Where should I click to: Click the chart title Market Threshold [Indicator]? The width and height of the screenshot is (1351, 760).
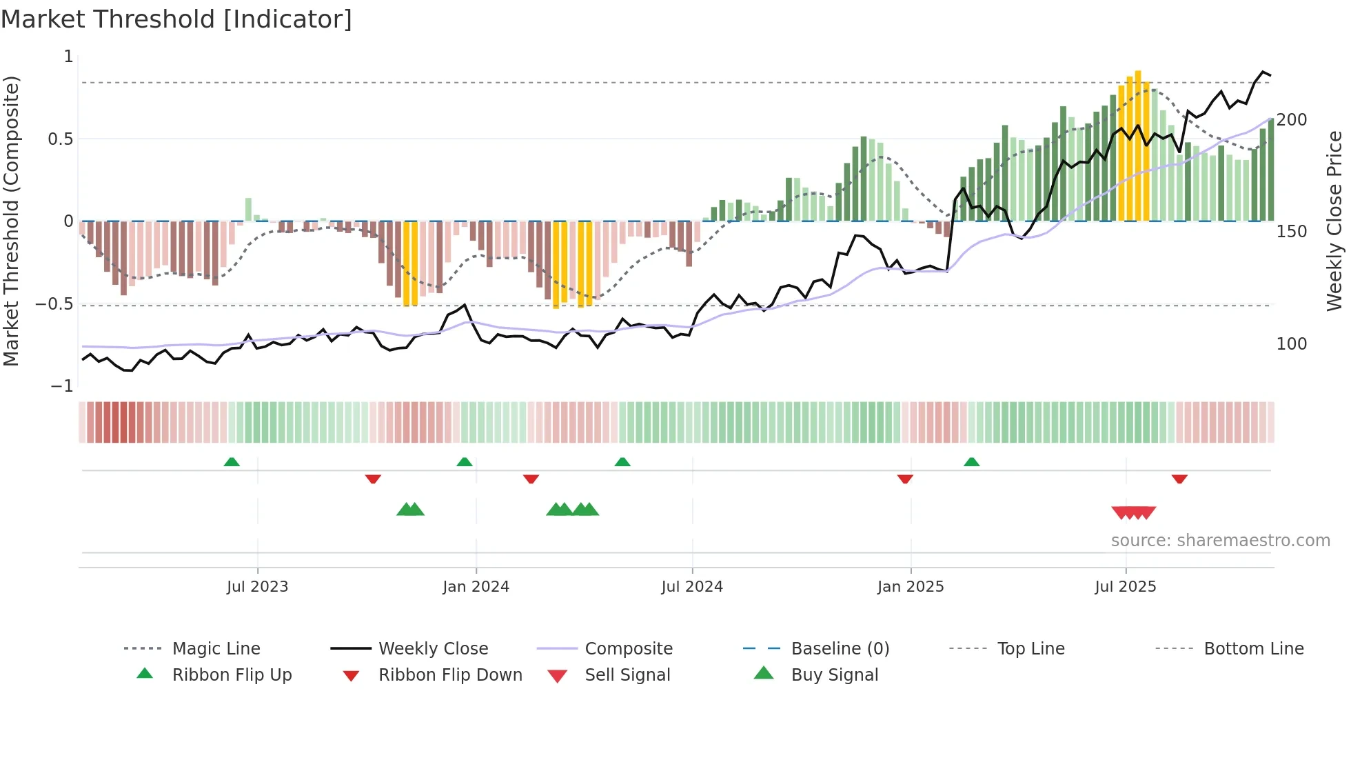[x=176, y=19]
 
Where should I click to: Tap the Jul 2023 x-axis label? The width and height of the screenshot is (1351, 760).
[x=257, y=587]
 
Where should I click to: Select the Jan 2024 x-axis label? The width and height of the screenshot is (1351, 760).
[x=476, y=587]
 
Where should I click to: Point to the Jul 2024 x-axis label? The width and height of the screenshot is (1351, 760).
[x=692, y=587]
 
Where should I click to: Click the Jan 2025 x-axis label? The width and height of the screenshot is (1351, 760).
[x=911, y=587]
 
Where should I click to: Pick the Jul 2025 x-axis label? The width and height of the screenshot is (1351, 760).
[x=1126, y=587]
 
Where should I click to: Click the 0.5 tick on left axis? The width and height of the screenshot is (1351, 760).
[x=61, y=139]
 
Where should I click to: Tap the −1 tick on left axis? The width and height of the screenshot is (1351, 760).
[x=62, y=386]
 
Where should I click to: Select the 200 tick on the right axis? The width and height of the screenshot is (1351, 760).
[x=1292, y=120]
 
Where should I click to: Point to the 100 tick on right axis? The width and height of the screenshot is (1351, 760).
[x=1292, y=344]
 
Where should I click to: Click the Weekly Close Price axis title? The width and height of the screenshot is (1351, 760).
[x=1334, y=221]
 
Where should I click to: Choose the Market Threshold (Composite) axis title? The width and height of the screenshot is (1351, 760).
[x=11, y=221]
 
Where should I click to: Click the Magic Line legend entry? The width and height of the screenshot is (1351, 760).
[x=216, y=649]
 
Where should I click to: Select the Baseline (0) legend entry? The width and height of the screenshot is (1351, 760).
[x=840, y=649]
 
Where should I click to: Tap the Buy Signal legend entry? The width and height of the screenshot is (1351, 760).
[x=834, y=675]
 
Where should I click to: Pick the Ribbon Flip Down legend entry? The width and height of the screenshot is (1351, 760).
[x=450, y=675]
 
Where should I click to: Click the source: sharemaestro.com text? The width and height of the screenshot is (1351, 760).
[x=1220, y=541]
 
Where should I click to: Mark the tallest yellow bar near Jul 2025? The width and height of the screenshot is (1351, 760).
[x=1138, y=145]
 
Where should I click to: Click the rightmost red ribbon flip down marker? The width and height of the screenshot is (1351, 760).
[x=1179, y=479]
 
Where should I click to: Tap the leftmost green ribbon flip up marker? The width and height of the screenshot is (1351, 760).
[x=232, y=462]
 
